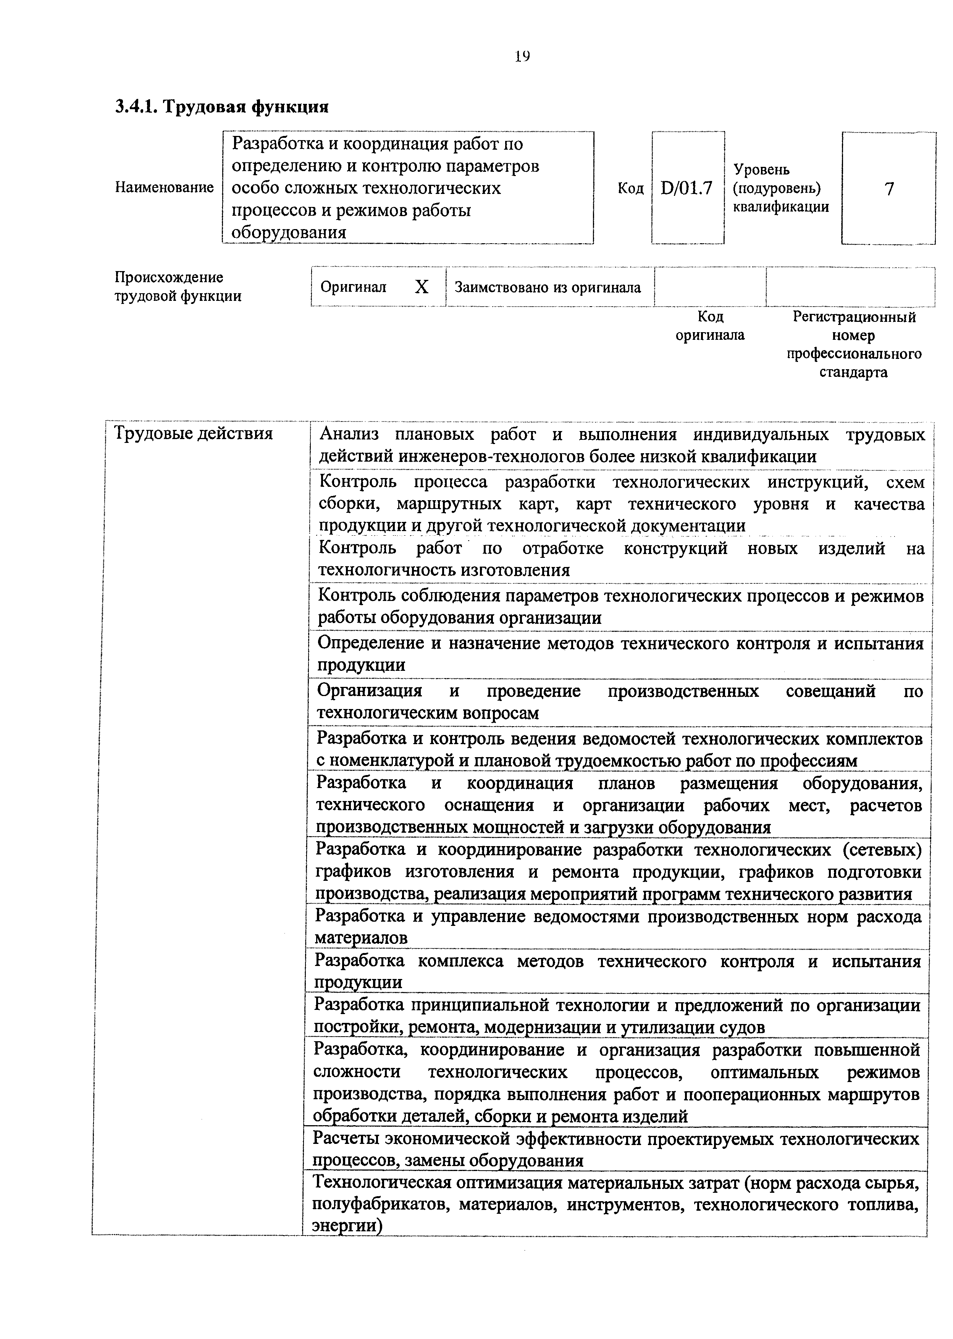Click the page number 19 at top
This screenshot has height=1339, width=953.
point(522,57)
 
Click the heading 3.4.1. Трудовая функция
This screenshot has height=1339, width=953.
point(221,107)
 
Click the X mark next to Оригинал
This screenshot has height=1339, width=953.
point(422,287)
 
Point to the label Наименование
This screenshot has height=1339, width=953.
point(164,188)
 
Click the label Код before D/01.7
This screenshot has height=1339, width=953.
point(631,188)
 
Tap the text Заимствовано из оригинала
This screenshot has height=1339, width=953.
point(548,288)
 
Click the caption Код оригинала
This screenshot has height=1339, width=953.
point(710,326)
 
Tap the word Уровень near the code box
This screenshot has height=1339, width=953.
point(762,170)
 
